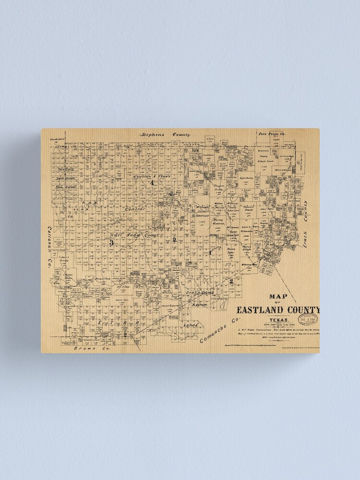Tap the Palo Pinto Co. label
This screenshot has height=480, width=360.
tap(272, 133)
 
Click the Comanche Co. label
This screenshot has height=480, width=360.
tap(219, 331)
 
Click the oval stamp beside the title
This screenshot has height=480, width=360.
tap(308, 319)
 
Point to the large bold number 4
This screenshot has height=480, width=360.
tap(152, 183)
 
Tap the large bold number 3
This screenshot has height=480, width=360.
tap(111, 243)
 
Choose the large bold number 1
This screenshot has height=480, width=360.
tap(210, 252)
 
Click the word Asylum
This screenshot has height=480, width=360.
tap(200, 305)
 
